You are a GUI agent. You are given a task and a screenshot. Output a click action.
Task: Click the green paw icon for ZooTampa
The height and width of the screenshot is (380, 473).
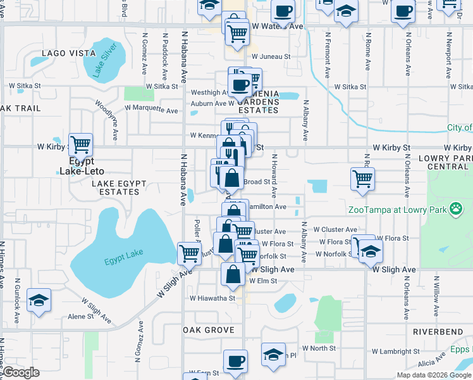click(455, 210)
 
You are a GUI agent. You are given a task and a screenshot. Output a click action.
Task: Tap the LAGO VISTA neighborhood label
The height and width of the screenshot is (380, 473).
click(69, 53)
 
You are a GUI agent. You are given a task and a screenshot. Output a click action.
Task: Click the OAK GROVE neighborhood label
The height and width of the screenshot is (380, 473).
click(208, 330)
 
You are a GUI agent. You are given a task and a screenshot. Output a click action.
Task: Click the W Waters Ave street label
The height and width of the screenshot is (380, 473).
click(277, 27)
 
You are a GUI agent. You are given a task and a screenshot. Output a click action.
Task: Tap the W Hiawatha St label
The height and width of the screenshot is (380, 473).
click(212, 298)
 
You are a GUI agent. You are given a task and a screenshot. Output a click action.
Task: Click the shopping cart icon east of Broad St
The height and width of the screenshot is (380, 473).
click(362, 179)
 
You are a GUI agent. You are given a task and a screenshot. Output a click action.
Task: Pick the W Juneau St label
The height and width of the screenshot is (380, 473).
click(271, 56)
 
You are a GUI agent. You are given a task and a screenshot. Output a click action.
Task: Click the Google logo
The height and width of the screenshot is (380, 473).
click(21, 372)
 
